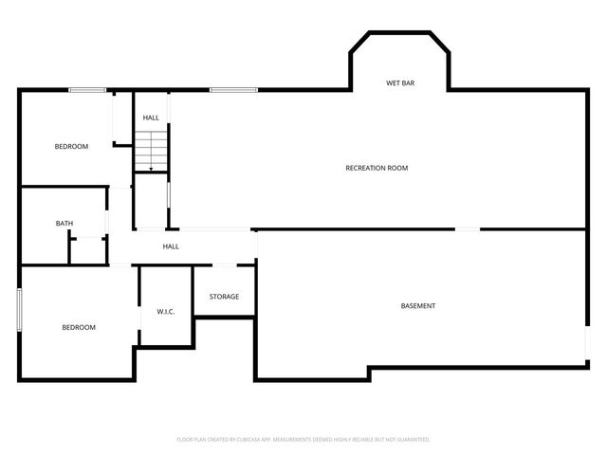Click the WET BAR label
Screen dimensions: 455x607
pyautogui.click(x=399, y=83)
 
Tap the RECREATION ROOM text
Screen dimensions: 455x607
pyautogui.click(x=377, y=168)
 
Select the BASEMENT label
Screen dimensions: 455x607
pyautogui.click(x=417, y=306)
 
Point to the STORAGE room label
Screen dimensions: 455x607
pyautogui.click(x=225, y=297)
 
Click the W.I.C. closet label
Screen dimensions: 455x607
pyautogui.click(x=167, y=312)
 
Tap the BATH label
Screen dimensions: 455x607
pyautogui.click(x=64, y=224)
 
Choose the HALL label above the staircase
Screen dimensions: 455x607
pyautogui.click(x=151, y=118)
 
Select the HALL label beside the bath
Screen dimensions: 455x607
pyautogui.click(x=171, y=246)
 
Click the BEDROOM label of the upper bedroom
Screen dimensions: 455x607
pyautogui.click(x=71, y=146)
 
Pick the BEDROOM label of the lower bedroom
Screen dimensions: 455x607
pyautogui.click(x=79, y=327)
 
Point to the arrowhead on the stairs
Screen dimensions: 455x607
pyautogui.click(x=150, y=168)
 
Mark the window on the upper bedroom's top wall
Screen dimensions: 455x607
pyautogui.click(x=87, y=90)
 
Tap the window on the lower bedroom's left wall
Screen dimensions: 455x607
pyautogui.click(x=19, y=309)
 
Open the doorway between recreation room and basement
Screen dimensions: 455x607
pyautogui.click(x=468, y=228)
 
